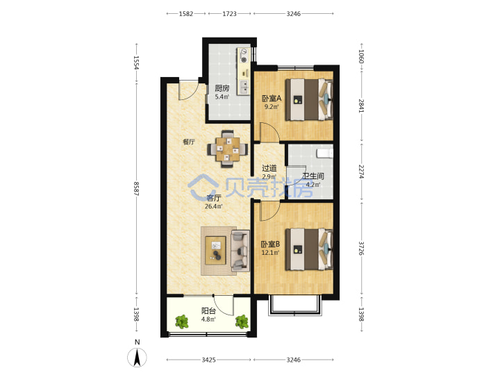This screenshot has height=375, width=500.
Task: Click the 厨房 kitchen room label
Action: [x=222, y=88]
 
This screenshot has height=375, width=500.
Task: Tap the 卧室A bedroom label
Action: [x=272, y=98]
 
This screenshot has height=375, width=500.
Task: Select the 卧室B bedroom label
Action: [x=270, y=244]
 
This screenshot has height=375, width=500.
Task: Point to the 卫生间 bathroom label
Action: [x=313, y=176]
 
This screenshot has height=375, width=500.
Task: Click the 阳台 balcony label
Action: [x=208, y=310]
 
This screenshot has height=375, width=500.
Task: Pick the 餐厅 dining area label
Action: [x=189, y=142]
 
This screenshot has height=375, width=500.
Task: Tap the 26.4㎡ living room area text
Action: [x=214, y=206]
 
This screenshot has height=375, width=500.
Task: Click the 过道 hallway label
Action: [x=269, y=168]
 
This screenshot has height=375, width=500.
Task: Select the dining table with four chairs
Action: [x=228, y=149]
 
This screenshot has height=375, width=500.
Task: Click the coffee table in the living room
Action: [x=215, y=250]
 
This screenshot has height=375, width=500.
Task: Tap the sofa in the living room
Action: [x=240, y=251]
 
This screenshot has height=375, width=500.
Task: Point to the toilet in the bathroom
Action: [x=325, y=153]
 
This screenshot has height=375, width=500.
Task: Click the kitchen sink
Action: [x=244, y=87]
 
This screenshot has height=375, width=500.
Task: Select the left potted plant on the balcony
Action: [x=182, y=322]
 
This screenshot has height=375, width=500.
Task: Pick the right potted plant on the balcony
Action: [x=242, y=322]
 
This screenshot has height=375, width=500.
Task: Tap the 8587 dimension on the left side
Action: [x=137, y=188]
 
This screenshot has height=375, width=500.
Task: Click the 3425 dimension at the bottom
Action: [x=208, y=360]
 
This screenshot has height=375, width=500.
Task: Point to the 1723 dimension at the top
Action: [x=230, y=14]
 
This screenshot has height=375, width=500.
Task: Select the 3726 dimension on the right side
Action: [x=361, y=248]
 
